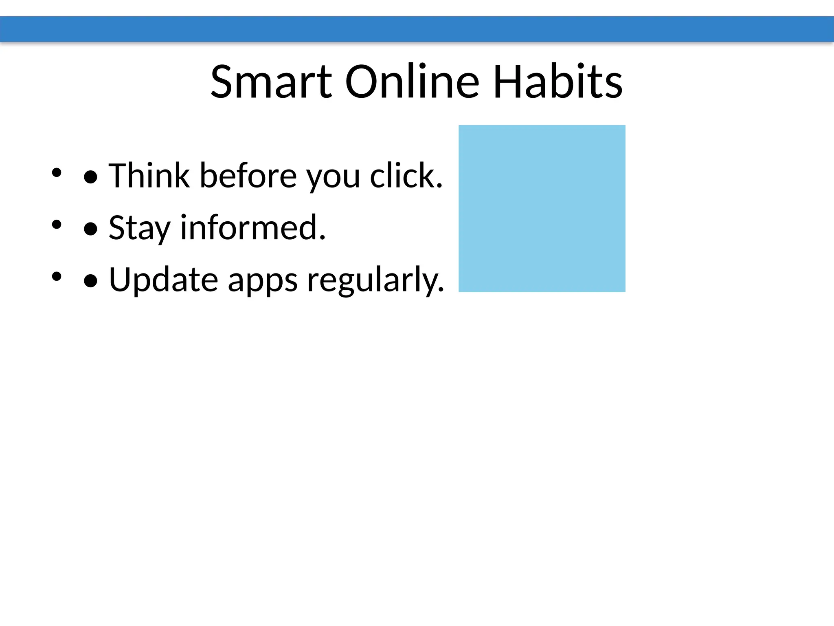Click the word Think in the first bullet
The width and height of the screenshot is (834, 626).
[x=149, y=176]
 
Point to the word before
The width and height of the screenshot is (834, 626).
[x=248, y=176]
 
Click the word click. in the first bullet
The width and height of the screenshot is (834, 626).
[x=406, y=176]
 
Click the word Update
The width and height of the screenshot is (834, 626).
[x=163, y=280]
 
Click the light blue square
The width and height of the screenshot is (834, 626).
[x=542, y=208]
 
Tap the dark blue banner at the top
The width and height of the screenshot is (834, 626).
[x=417, y=29]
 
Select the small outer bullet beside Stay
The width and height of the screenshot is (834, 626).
[x=57, y=225]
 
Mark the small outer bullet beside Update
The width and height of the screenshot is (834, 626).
[x=57, y=277]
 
